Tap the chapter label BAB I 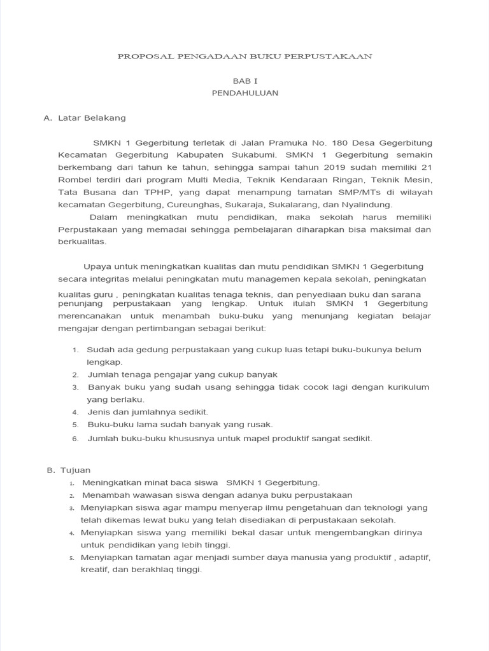244,81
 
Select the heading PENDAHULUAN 244,93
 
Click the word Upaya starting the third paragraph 96,266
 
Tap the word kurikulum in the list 405,387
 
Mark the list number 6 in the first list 74,439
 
